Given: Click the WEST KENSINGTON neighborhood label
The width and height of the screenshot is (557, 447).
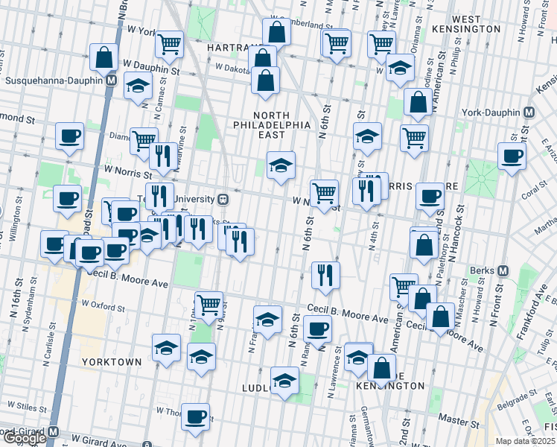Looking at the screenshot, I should (476, 23).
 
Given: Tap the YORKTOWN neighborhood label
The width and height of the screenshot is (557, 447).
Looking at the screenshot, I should (112, 361).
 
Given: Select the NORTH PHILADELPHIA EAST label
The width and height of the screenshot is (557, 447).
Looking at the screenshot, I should (281, 125).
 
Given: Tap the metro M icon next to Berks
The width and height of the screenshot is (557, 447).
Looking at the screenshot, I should (503, 270).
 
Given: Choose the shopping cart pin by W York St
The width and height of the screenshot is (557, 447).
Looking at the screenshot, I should (170, 44).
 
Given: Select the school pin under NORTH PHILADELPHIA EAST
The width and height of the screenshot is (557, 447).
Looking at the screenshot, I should (281, 165).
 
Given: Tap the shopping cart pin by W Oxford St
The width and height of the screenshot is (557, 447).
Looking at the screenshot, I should (209, 304).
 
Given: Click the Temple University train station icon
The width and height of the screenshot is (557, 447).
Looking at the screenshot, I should (222, 200).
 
